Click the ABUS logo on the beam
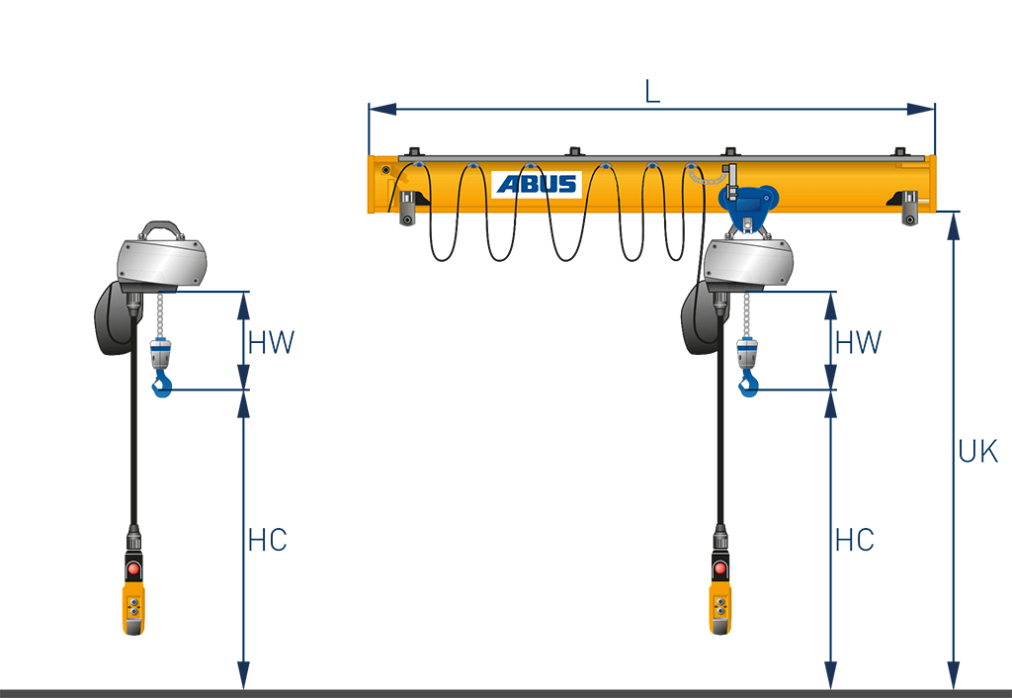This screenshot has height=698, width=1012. point(537,184)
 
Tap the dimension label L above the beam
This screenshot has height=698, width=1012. point(652,91)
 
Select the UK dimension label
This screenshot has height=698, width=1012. point(978,451)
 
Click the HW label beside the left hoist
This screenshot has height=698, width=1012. point(272,343)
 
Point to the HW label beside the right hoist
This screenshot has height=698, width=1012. point(858,343)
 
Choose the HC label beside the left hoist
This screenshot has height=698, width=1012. point(267,540)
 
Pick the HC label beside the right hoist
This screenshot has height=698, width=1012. point(854,540)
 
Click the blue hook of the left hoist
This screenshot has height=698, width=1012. point(161,385)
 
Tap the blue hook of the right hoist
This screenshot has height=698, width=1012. point(749,385)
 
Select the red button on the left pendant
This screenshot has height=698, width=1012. point(132,569)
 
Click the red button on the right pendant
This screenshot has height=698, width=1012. point(720,569)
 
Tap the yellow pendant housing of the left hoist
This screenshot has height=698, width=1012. point(132,609)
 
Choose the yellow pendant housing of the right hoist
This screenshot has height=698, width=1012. point(720,609)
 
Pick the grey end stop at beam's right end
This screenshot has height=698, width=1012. point(910,210)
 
